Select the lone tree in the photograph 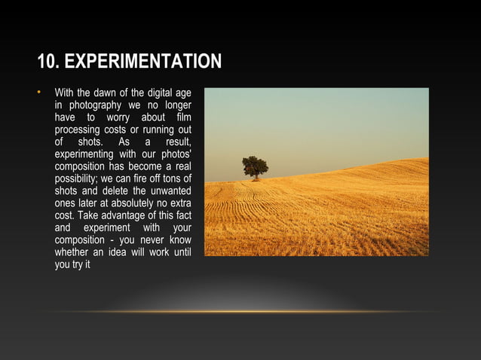click(x=255, y=167)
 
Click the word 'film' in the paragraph click(x=182, y=117)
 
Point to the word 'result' click(x=177, y=142)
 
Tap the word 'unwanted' click(x=170, y=191)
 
